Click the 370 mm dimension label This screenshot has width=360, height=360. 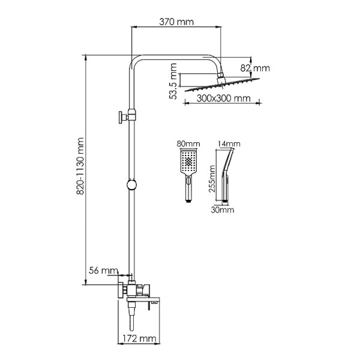(x=176, y=22)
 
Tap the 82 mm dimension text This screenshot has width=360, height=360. (x=255, y=68)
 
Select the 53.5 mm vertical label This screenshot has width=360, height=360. (x=173, y=81)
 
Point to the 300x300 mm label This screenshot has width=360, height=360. (x=223, y=98)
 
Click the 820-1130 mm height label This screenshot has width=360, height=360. (x=80, y=166)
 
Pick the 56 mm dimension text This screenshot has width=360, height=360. (x=103, y=271)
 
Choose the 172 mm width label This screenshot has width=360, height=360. (x=139, y=338)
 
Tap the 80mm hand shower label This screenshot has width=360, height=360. (x=188, y=144)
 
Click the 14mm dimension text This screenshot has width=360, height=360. (x=229, y=144)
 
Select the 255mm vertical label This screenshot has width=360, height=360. (x=212, y=179)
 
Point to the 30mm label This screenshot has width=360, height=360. (x=223, y=210)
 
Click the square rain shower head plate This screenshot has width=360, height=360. (x=222, y=85)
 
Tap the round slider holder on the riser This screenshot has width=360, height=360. (x=131, y=185)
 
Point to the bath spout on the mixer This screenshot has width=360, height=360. (x=143, y=299)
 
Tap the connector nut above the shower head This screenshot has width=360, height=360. (x=220, y=75)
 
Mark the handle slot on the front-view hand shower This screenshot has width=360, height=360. (x=188, y=180)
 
